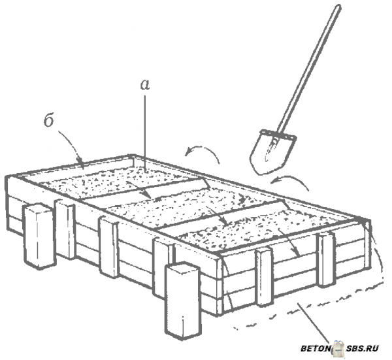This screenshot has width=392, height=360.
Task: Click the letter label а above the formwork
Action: pos(145,84)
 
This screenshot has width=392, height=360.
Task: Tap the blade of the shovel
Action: pos(272,152)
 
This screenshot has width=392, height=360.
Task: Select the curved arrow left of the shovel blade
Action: pos(202,153)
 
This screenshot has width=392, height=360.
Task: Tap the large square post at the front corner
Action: pos(183,301)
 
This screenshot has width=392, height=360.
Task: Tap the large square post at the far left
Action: pos(39,237)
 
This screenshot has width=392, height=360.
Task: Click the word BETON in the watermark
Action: pos(316,348)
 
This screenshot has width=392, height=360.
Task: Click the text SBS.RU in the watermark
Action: pos(363,348)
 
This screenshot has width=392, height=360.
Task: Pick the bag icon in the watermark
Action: pos(338,348)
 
